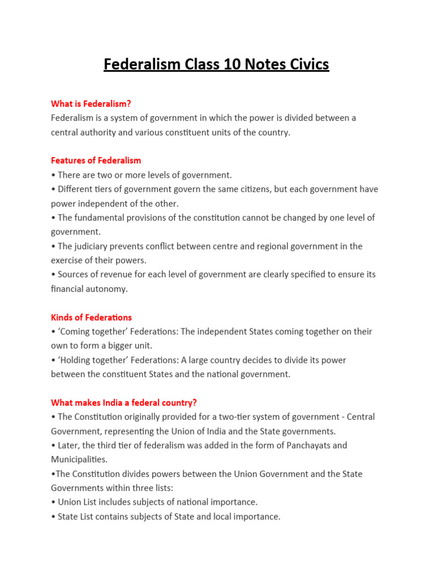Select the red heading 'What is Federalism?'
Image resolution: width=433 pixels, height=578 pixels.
[x=91, y=103]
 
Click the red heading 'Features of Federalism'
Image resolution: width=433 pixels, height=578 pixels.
[x=96, y=160]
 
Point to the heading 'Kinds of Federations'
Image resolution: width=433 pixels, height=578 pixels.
[x=91, y=317]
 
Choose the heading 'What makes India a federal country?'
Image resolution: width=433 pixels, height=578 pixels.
[x=123, y=402]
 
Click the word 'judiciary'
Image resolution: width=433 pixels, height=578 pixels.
[x=93, y=246]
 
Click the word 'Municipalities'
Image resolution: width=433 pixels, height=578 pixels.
[x=79, y=459]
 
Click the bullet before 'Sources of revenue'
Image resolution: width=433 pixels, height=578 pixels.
[x=53, y=275]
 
